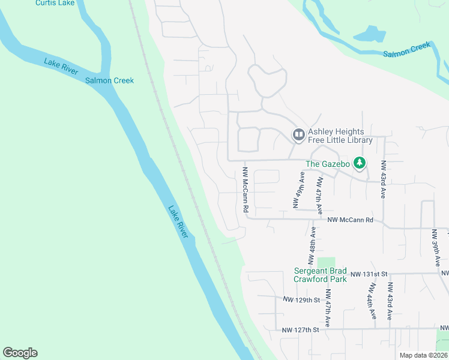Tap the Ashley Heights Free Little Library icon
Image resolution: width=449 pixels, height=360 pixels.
click(x=298, y=135)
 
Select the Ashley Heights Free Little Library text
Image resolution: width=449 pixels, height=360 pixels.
click(x=340, y=136)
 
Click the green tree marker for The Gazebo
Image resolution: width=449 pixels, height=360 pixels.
click(x=360, y=163)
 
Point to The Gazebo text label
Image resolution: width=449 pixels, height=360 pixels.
click(x=327, y=164)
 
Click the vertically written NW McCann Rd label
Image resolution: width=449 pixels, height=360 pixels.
click(x=246, y=190)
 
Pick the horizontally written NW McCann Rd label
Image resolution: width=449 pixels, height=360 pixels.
click(x=351, y=220)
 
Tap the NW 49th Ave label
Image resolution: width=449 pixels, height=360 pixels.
click(x=297, y=190)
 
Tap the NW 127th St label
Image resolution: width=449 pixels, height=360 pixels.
click(x=300, y=330)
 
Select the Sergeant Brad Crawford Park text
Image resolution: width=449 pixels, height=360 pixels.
click(x=320, y=275)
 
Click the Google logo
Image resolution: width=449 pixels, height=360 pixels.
click(x=20, y=353)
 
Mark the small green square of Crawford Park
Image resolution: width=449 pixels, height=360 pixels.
click(x=325, y=262)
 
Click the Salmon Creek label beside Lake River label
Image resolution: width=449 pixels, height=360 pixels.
click(x=109, y=80)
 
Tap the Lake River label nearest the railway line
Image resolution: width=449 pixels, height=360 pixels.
click(x=178, y=222)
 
